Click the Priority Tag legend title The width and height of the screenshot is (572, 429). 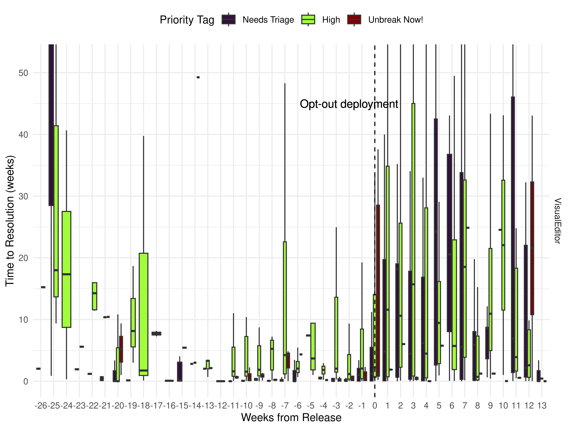187,20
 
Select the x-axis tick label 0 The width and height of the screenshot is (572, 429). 375,405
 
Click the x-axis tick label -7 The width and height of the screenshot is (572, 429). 285,405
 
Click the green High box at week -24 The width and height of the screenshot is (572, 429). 66,269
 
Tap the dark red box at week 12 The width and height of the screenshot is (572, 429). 532,248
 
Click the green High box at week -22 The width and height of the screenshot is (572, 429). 95,296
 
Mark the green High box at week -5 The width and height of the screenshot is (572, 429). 313,347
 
